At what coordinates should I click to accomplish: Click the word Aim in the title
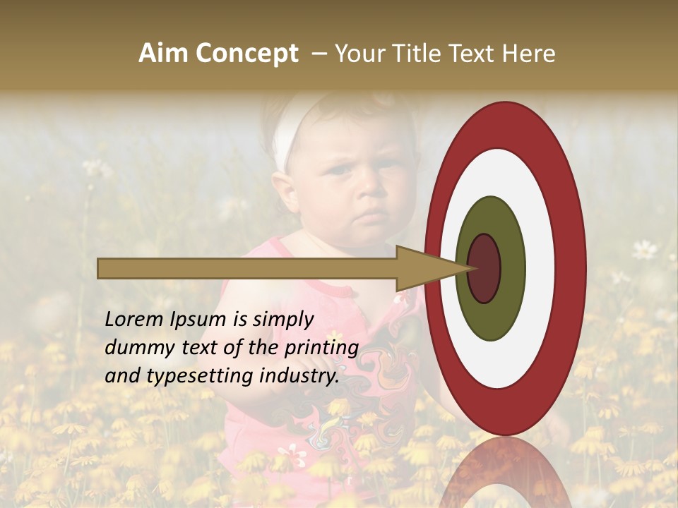(x=163, y=54)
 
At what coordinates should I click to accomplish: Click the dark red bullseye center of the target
(x=484, y=268)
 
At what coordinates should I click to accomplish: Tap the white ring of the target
(x=540, y=268)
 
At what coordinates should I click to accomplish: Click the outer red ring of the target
(x=572, y=268)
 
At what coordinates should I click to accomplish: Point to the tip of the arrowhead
(x=475, y=268)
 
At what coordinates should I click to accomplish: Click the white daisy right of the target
(x=644, y=248)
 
